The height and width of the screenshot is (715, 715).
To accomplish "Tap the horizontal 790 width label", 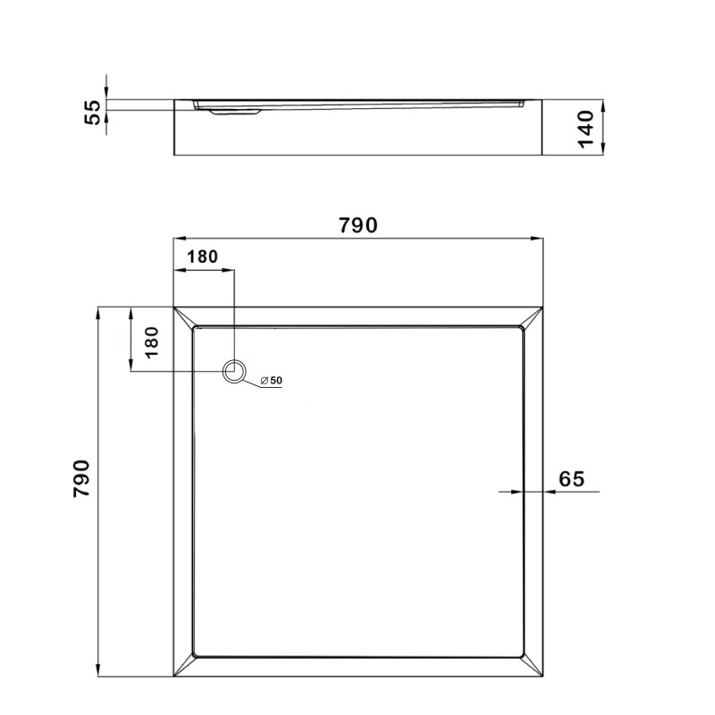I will coord(357,225).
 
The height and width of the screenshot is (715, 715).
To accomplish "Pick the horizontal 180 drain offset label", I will coord(202,256).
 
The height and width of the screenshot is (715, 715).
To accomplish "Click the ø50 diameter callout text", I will coord(272,381).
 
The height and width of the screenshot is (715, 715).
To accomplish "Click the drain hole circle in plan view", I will coord(234,371).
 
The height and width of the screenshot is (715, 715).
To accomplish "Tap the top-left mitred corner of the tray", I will coord(183,317).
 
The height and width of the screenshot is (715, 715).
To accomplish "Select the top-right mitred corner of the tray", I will coord(534,317).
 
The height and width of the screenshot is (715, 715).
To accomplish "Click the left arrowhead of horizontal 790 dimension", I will coord(177,239).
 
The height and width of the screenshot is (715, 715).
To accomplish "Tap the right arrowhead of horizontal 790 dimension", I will coord(539,239).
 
